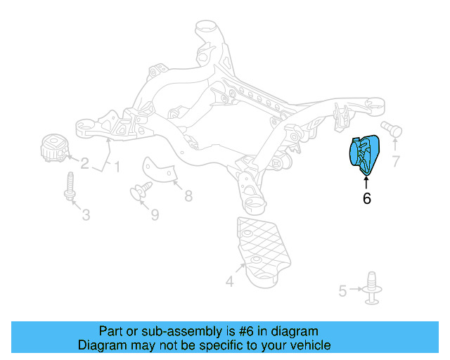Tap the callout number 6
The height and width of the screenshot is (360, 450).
pyautogui.click(x=366, y=199)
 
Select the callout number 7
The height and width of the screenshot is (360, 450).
pyautogui.click(x=396, y=162)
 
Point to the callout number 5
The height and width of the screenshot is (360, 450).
pyautogui.click(x=342, y=290)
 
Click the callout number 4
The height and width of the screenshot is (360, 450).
pyautogui.click(x=229, y=283)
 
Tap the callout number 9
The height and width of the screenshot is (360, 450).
pyautogui.click(x=155, y=214)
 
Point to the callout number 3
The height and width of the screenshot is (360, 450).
pyautogui.click(x=85, y=214)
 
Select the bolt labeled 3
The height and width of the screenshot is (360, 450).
pyautogui.click(x=70, y=187)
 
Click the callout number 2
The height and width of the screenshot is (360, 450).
pyautogui.click(x=84, y=164)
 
